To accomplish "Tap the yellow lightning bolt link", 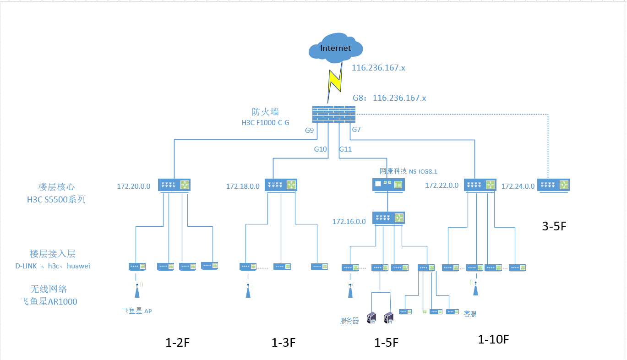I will (x=335, y=82).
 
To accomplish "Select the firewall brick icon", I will (x=334, y=114).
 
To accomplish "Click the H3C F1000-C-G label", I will (x=266, y=123).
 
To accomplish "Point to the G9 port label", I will (x=310, y=130).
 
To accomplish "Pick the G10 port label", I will (x=320, y=149).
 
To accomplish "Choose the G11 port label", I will (x=345, y=149).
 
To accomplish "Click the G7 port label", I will (x=356, y=130).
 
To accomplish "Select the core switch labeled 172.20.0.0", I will (x=174, y=185).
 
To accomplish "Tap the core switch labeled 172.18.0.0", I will (x=281, y=185).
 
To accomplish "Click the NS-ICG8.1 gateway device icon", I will (x=387, y=185).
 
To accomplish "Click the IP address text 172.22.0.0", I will (x=442, y=185).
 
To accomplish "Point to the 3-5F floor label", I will (x=555, y=226).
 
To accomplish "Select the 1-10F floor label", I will (x=493, y=339).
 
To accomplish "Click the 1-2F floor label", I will (x=178, y=343).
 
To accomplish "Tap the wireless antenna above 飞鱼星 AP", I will (x=136, y=290).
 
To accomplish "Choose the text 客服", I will (x=470, y=314).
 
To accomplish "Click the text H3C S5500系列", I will (x=56, y=200).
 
